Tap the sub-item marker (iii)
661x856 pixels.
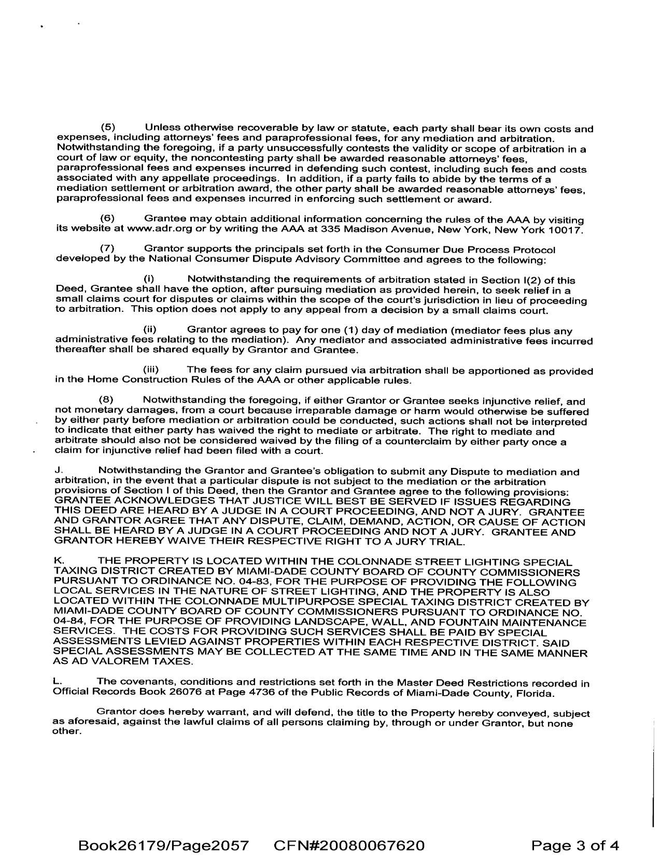point(151,370)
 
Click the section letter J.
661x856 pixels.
point(58,471)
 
